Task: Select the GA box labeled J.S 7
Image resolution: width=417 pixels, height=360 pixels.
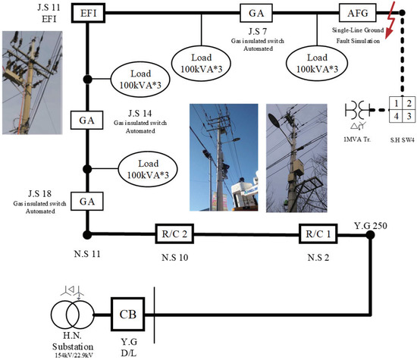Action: [x=251, y=13]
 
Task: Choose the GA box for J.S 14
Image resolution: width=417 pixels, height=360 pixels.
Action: [x=86, y=119]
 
